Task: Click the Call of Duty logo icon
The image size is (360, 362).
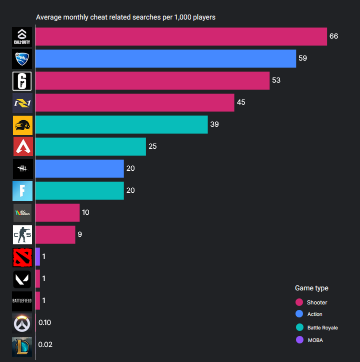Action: coord(22,37)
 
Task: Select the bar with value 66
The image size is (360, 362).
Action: coord(181,37)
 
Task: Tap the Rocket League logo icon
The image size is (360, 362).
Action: coord(22,59)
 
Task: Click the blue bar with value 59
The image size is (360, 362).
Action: coord(165,59)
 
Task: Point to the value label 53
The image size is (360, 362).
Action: coord(276,81)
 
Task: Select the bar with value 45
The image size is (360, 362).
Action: coord(134,103)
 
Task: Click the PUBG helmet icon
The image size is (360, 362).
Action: coord(22,125)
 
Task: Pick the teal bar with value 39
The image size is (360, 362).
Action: coord(121,125)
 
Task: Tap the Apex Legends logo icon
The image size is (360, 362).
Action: coord(22,147)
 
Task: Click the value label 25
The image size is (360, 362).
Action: coord(152,147)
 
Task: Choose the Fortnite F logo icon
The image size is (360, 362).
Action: coord(22,191)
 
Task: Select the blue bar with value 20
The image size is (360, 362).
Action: coord(79,169)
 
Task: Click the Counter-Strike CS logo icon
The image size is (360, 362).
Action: coord(22,235)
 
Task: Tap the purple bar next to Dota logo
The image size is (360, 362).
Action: coord(37,257)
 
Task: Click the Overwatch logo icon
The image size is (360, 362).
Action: coord(22,323)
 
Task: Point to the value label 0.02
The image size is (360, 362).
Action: coord(45,344)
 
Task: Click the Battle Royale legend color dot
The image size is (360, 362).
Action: coord(299,327)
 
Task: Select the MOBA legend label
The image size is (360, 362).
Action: coord(315,340)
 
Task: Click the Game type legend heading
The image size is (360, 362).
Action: coord(311,288)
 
